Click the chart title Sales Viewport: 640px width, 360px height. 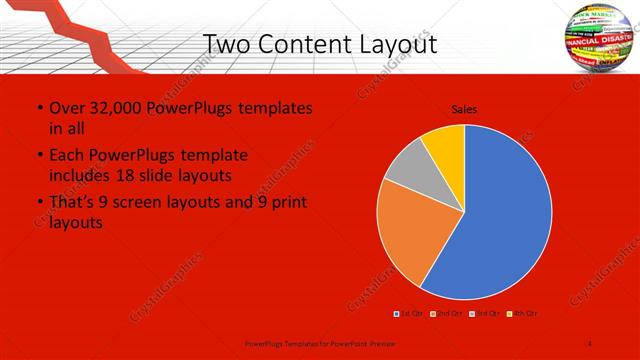463,109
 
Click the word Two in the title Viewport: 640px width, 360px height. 227,44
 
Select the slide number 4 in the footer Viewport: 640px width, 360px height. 590,343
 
